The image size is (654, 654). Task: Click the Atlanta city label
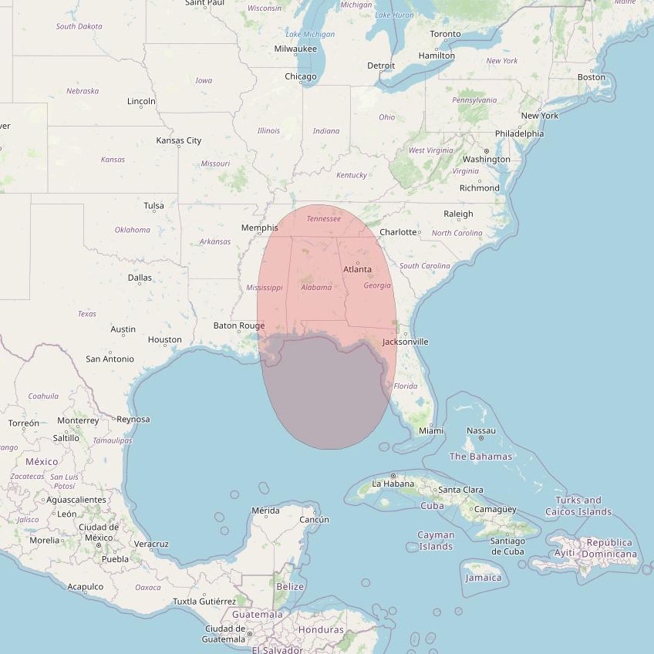click(357, 269)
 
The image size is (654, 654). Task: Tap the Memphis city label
click(259, 228)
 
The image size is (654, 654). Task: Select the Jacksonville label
click(405, 342)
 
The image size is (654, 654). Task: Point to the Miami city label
click(430, 430)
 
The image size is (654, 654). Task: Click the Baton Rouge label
click(239, 325)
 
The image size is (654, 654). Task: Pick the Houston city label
click(165, 339)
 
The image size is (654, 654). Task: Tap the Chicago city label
click(301, 76)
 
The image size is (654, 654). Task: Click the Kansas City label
click(178, 140)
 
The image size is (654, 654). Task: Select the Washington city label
click(487, 159)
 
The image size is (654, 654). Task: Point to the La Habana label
click(393, 484)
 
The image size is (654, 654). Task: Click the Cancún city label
click(314, 519)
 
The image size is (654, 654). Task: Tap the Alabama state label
click(316, 288)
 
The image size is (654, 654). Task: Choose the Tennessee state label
click(323, 219)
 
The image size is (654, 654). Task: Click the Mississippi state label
click(265, 288)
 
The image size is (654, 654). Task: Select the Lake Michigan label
click(310, 34)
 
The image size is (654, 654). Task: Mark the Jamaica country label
click(484, 578)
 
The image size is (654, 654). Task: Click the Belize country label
click(290, 587)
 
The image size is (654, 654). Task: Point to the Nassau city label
click(481, 430)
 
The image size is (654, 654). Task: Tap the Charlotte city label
click(398, 232)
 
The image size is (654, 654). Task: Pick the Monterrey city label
click(78, 420)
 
